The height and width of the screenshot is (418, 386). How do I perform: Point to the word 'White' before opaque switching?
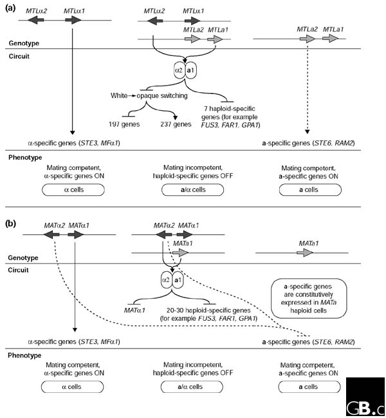[x=120, y=96]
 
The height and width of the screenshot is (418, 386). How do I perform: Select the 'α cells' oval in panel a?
[x=76, y=191]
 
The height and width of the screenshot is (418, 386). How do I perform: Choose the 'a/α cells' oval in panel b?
[x=185, y=387]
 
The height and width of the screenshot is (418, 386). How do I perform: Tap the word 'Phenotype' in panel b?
[x=24, y=355]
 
